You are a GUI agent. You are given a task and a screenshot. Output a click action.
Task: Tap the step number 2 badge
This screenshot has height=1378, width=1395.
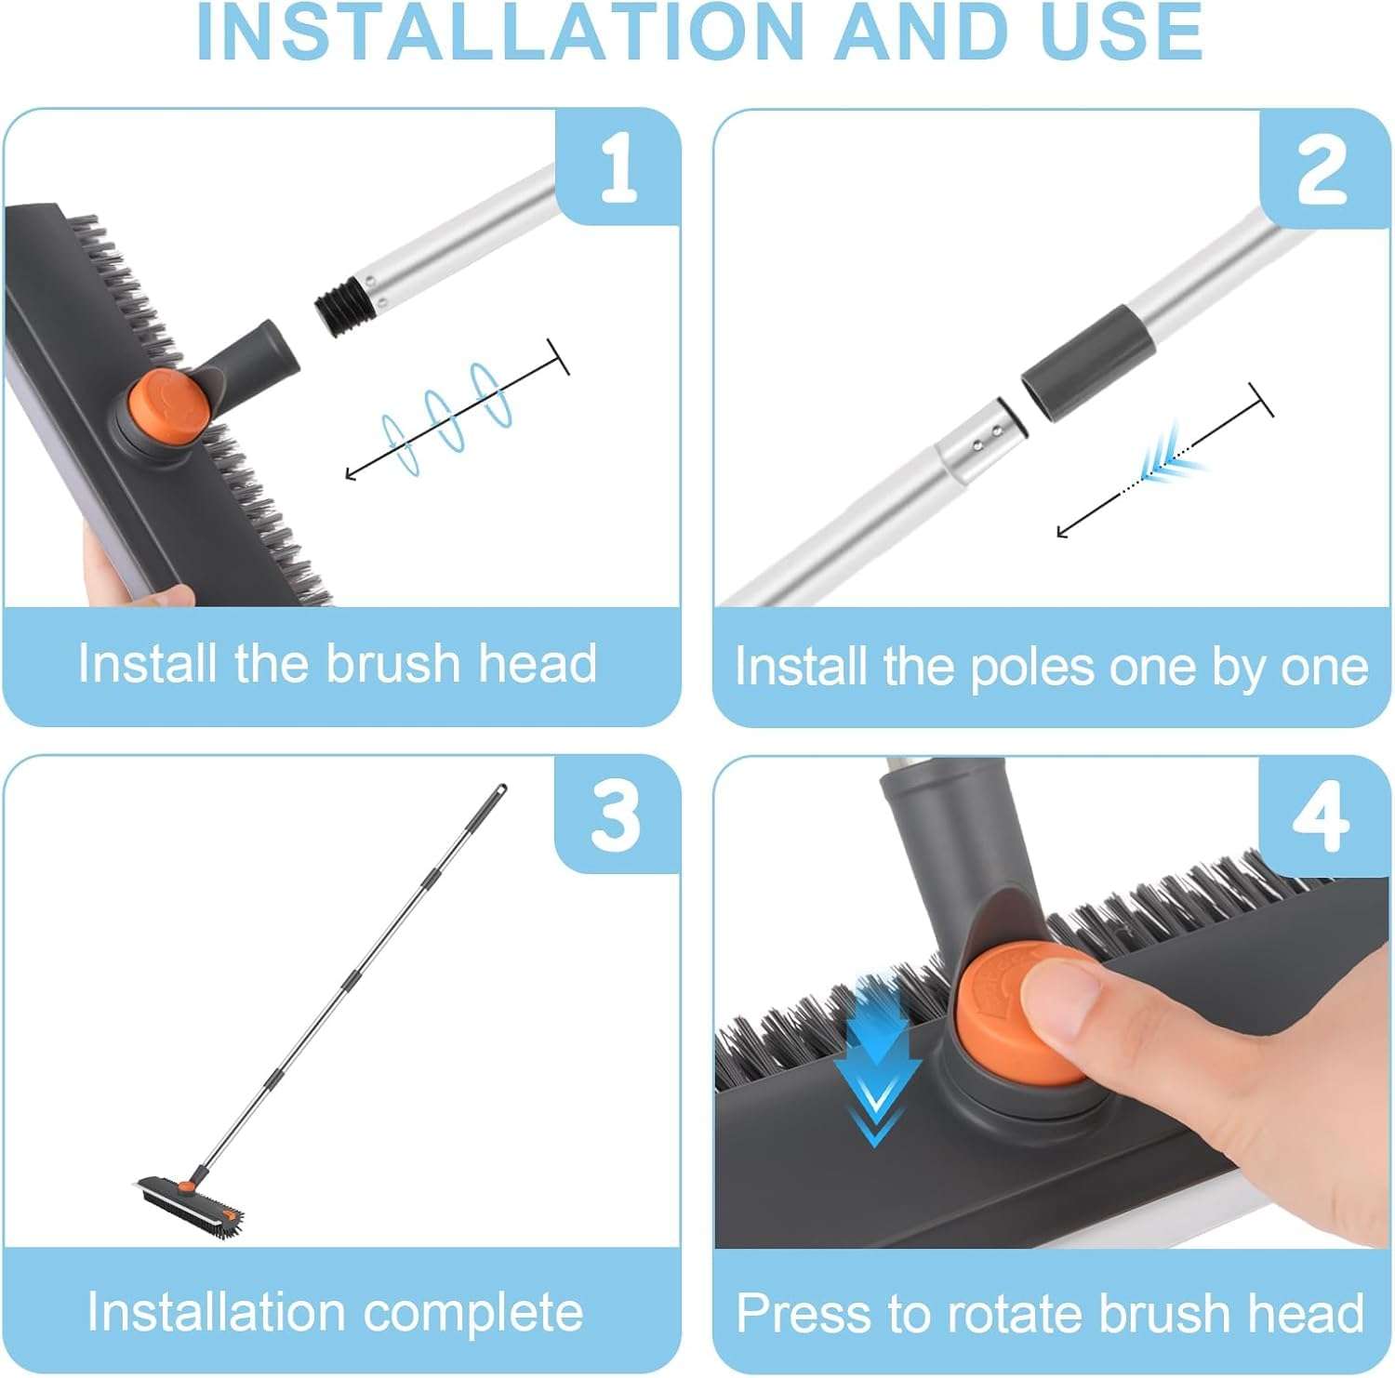[1322, 169]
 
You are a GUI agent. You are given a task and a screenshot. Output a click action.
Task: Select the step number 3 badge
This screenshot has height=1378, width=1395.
[617, 815]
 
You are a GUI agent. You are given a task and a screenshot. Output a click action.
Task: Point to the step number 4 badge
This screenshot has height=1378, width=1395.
[1321, 815]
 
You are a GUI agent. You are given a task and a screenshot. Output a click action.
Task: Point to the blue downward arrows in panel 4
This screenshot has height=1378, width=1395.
[875, 1060]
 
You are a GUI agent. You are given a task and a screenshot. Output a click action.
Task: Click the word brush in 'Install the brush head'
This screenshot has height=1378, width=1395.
[392, 664]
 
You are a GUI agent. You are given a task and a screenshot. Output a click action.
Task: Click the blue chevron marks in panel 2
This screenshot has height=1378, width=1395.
[1168, 457]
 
